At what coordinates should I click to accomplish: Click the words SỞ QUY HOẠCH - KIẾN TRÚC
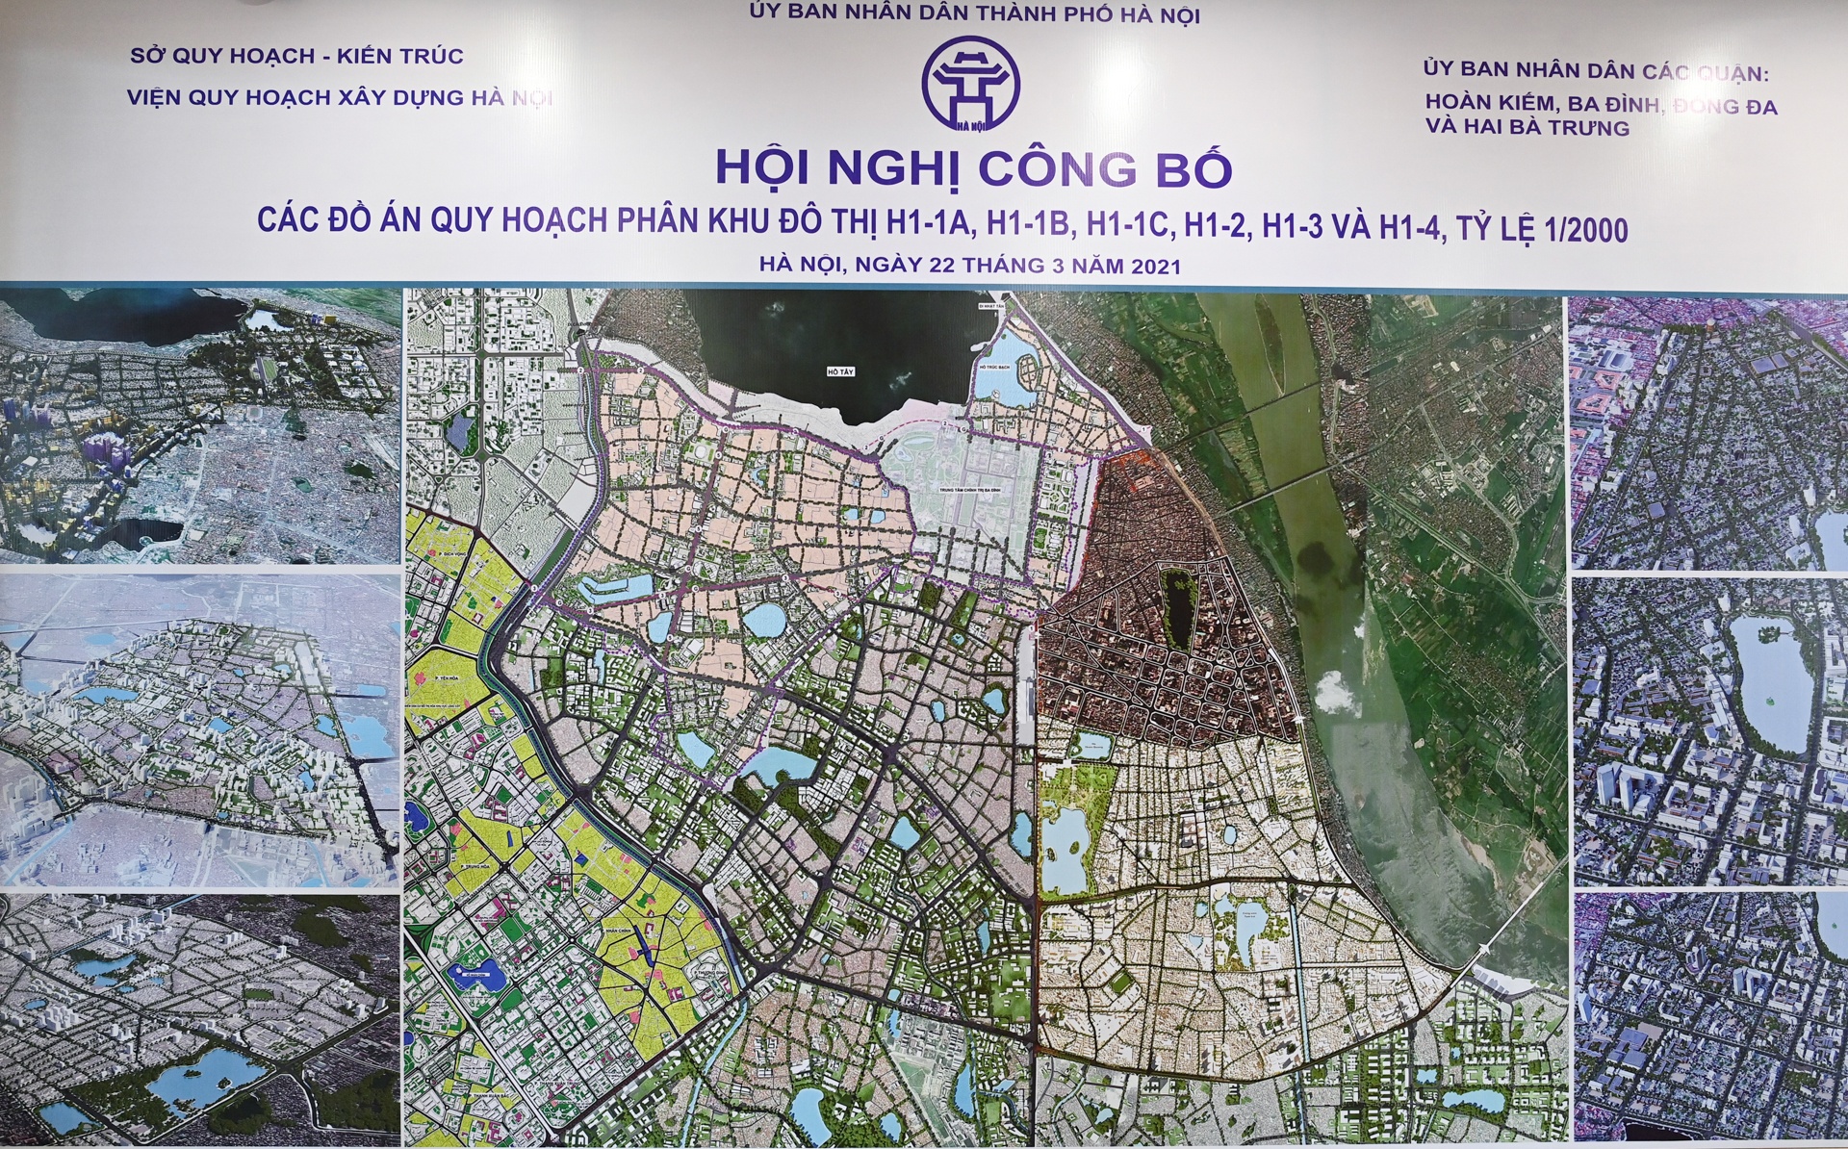[297, 56]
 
